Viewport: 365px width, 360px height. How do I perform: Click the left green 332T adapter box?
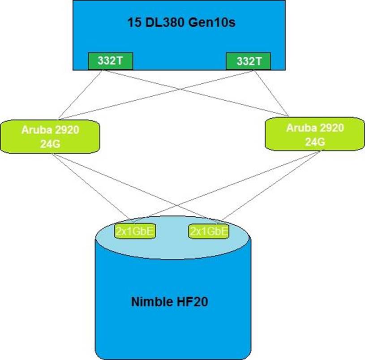pyautogui.click(x=111, y=61)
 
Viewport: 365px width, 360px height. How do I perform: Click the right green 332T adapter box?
pyautogui.click(x=249, y=61)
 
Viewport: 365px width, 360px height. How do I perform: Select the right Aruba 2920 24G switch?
pyautogui.click(x=315, y=133)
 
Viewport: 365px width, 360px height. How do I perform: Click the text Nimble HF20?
pyautogui.click(x=170, y=301)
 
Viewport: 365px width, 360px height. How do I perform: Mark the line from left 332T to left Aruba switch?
pyautogui.click(x=80, y=94)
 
